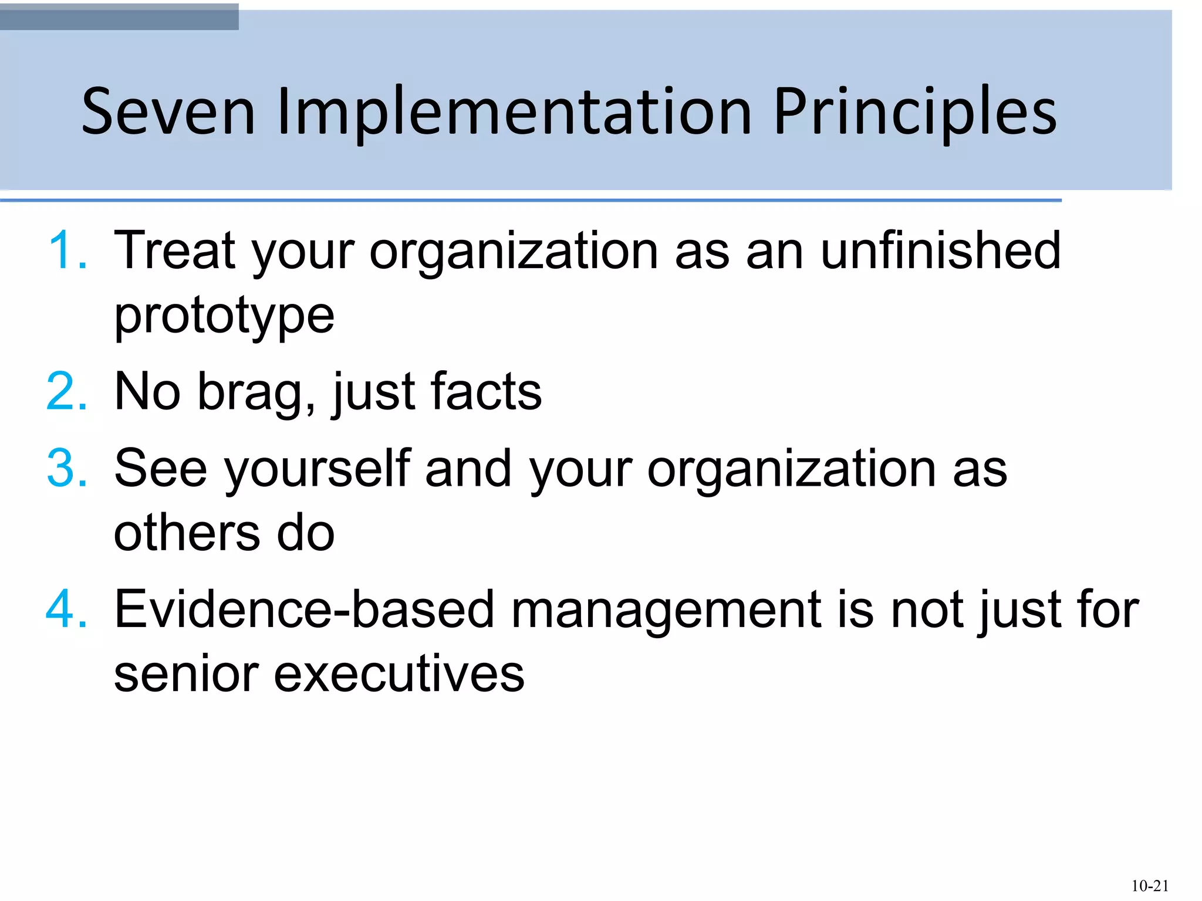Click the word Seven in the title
pyautogui.click(x=168, y=111)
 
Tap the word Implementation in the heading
pyautogui.click(x=514, y=111)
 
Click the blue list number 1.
pyautogui.click(x=67, y=251)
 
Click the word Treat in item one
pyautogui.click(x=174, y=251)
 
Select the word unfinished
pyautogui.click(x=940, y=251)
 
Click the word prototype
pyautogui.click(x=224, y=317)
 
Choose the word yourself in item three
pyautogui.click(x=317, y=469)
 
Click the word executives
pyautogui.click(x=399, y=674)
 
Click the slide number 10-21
pyautogui.click(x=1149, y=886)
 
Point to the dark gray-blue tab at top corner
pyautogui.click(x=119, y=16)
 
